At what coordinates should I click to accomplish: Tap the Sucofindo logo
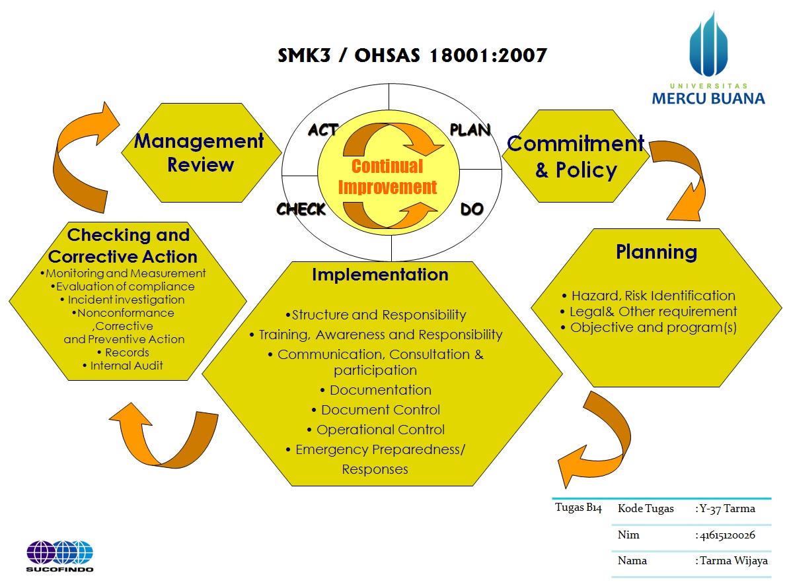(x=59, y=556)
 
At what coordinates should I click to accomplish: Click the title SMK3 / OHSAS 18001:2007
(x=412, y=55)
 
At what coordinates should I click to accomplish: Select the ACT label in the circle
(x=323, y=130)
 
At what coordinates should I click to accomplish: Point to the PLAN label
(x=470, y=130)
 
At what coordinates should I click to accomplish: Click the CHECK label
(x=301, y=209)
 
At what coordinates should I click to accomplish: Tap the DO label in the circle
(x=472, y=209)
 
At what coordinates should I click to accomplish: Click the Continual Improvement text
(x=387, y=177)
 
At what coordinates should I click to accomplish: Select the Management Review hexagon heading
(x=200, y=152)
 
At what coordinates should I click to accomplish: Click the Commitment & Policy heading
(x=576, y=156)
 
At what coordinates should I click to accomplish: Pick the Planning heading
(x=656, y=252)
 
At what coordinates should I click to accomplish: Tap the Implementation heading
(x=380, y=275)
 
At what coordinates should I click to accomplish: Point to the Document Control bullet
(x=380, y=410)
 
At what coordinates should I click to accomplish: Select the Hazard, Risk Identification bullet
(x=653, y=296)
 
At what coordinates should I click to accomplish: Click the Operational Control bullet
(x=380, y=430)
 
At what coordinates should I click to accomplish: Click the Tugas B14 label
(x=578, y=508)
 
